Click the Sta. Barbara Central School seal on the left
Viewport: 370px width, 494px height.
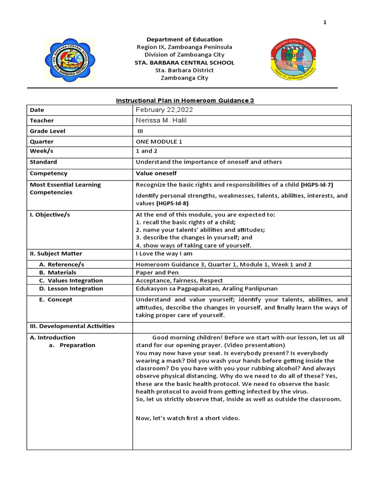pyautogui.click(x=70, y=61)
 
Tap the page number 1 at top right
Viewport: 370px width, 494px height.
pyautogui.click(x=325, y=23)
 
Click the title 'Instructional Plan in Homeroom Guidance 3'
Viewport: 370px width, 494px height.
pyautogui.click(x=185, y=100)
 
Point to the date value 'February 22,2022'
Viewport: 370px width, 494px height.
pyautogui.click(x=161, y=110)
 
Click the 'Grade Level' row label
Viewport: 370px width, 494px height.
pyautogui.click(x=48, y=131)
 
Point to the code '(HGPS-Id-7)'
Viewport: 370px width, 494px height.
pyautogui.click(x=317, y=185)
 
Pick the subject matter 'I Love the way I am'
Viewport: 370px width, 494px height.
pyautogui.click(x=164, y=254)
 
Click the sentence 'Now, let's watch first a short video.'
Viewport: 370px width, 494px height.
pyautogui.click(x=188, y=418)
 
